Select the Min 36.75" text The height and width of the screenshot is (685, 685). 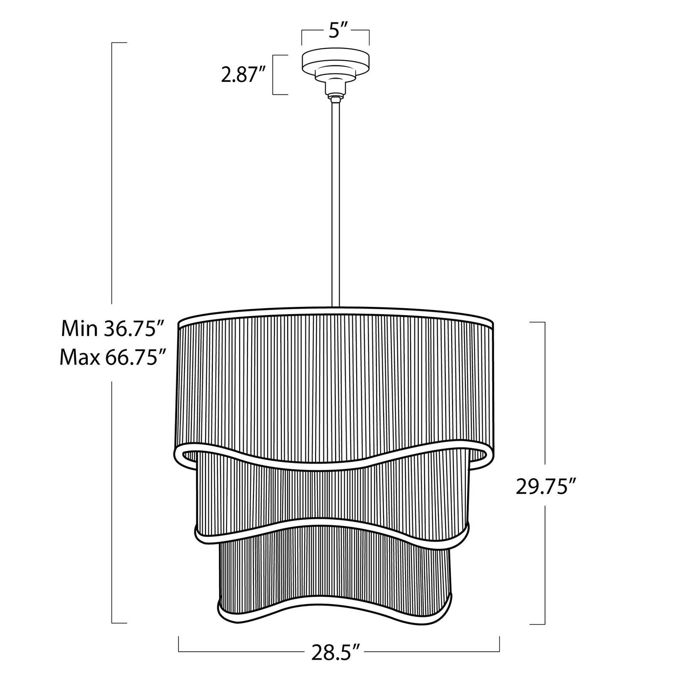[x=112, y=329]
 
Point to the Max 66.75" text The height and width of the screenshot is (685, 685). [x=112, y=358]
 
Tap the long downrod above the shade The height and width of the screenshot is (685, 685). [x=336, y=203]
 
